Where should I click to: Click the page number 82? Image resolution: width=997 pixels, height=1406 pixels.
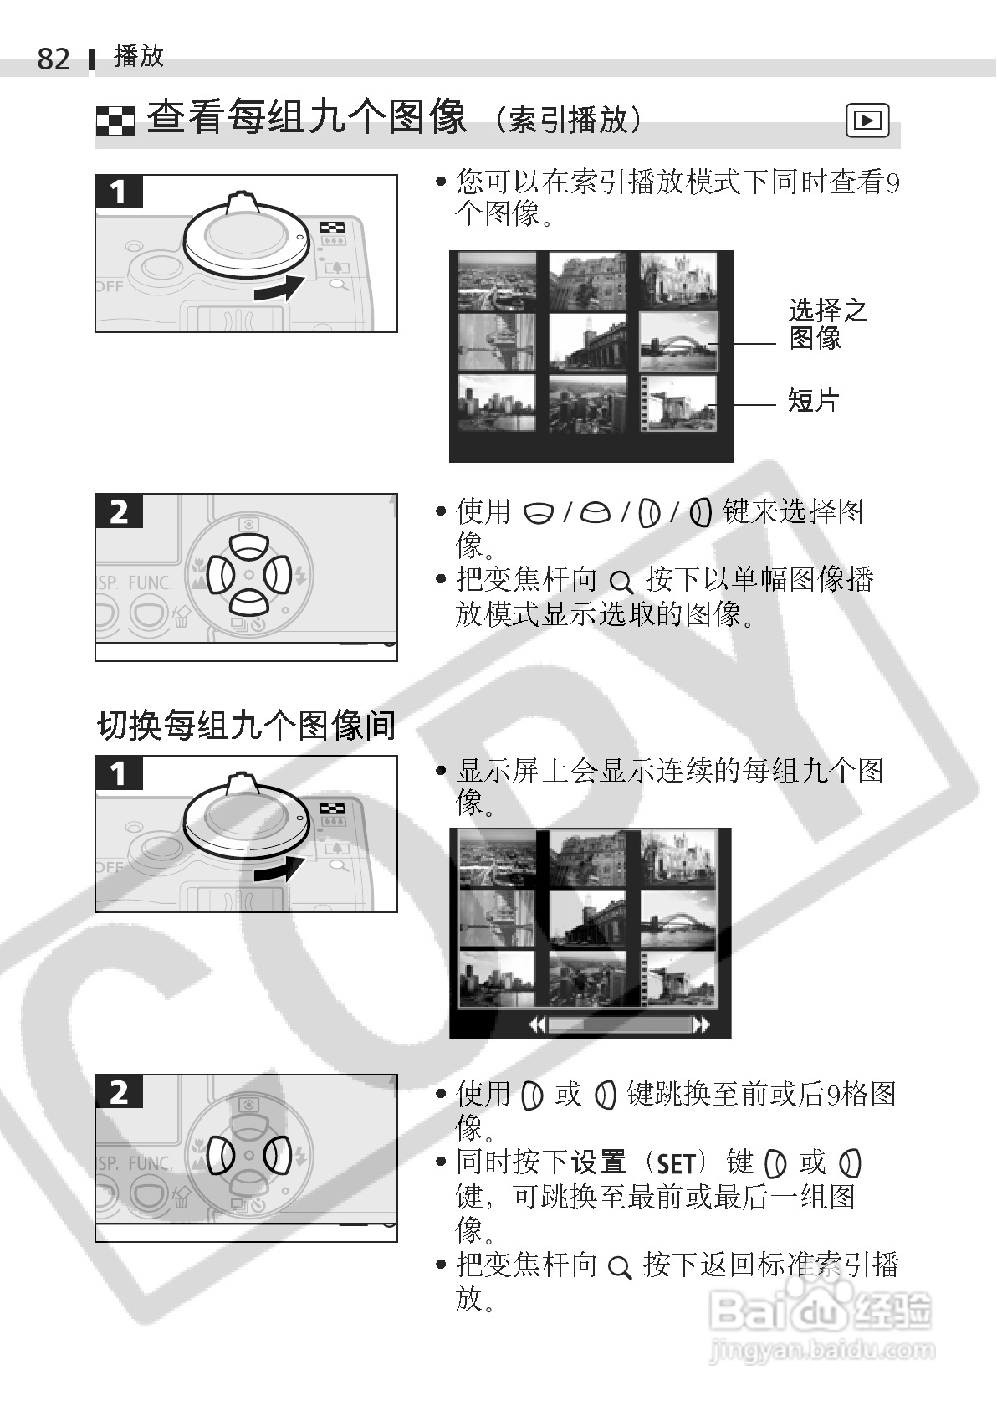pyautogui.click(x=54, y=59)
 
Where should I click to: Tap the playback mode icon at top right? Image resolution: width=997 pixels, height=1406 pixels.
pyautogui.click(x=867, y=120)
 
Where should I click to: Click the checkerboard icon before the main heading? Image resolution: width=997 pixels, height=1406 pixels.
pyautogui.click(x=115, y=121)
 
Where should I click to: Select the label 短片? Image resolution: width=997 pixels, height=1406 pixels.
pyautogui.click(x=813, y=400)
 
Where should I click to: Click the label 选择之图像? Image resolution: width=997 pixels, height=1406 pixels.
pyautogui.click(x=828, y=324)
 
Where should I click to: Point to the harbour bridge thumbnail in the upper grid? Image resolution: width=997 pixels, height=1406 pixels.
pyautogui.click(x=678, y=342)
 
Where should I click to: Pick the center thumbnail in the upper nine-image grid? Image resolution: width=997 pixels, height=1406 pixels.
pyautogui.click(x=588, y=342)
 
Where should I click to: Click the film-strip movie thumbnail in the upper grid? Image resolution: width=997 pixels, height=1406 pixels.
pyautogui.click(x=678, y=403)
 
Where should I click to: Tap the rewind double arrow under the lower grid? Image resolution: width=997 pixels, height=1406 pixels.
pyautogui.click(x=538, y=1025)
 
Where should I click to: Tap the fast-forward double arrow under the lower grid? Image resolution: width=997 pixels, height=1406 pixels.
pyautogui.click(x=702, y=1025)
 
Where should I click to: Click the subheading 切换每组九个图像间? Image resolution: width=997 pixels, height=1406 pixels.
pyautogui.click(x=246, y=725)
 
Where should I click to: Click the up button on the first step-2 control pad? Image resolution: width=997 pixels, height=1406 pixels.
pyautogui.click(x=249, y=546)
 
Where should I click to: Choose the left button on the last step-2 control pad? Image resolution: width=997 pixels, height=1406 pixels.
pyautogui.click(x=221, y=1156)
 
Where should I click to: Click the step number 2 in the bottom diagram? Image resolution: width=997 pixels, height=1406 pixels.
pyautogui.click(x=120, y=1093)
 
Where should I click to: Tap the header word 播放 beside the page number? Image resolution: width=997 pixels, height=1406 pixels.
pyautogui.click(x=139, y=57)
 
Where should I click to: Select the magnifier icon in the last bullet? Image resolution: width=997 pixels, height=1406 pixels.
pyautogui.click(x=620, y=1268)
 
